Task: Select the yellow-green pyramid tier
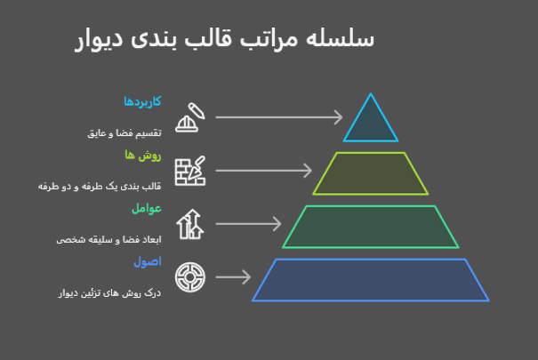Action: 370,173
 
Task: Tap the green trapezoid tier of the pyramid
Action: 370,227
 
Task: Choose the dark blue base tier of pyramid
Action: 370,280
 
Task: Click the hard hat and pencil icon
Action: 191,116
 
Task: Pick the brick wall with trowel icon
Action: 190,170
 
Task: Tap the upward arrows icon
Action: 189,224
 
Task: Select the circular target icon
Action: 189,277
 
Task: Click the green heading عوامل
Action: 146,208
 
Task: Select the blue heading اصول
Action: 147,261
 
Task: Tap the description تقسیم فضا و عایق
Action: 123,132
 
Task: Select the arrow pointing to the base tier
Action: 233,277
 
